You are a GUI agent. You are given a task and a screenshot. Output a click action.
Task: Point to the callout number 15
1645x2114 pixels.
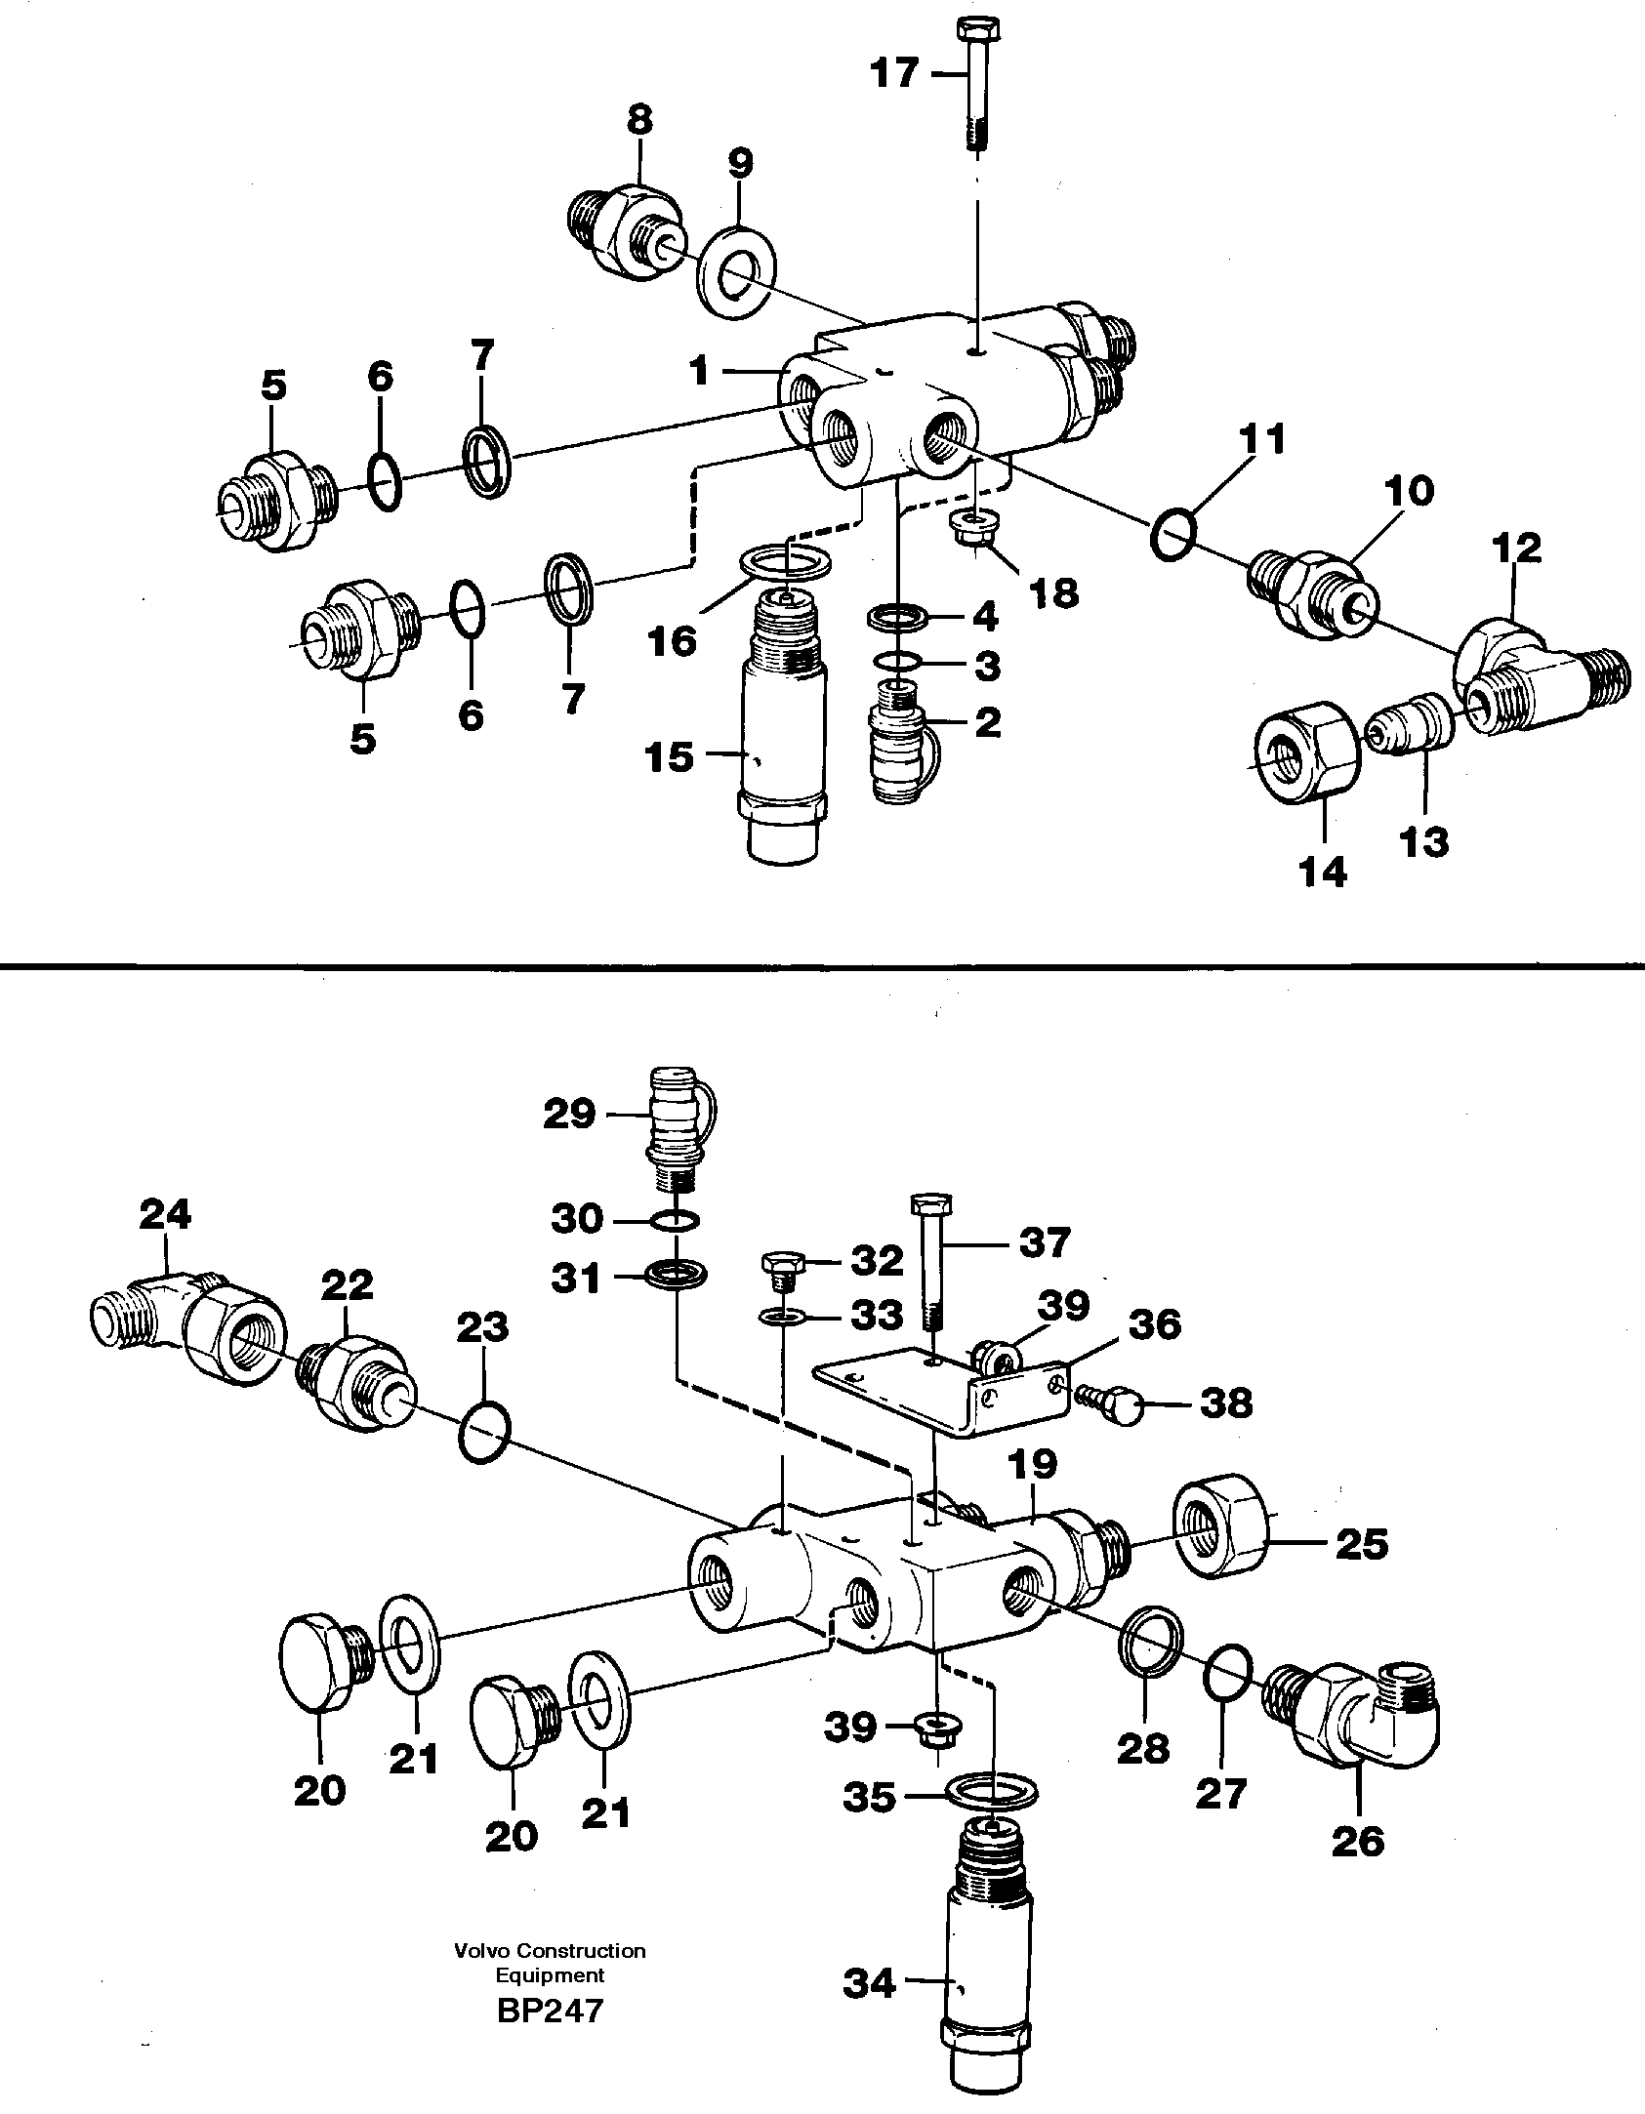670,756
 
